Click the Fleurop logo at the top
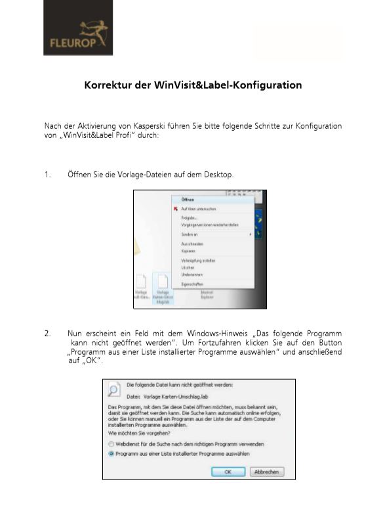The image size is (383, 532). coord(78,37)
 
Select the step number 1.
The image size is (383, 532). coord(47,174)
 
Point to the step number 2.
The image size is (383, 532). coord(47,333)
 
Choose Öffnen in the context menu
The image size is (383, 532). coord(188,200)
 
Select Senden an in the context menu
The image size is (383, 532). coord(190,234)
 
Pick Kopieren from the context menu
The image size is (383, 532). coord(189,251)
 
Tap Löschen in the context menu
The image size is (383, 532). coord(188,267)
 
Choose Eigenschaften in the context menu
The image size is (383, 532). coord(193,284)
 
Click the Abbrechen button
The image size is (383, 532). coord(267,472)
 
